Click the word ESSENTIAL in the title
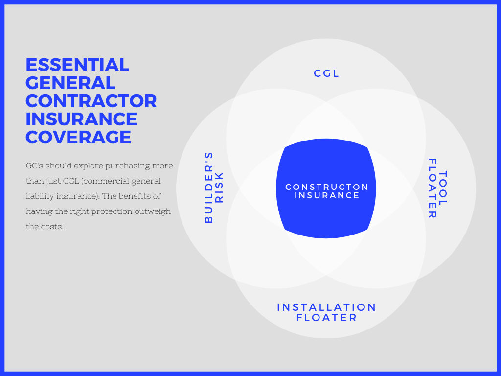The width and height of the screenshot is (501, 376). [x=77, y=65]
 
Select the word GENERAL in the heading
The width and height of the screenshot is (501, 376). [x=70, y=83]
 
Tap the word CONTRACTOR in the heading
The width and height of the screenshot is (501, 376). [x=91, y=101]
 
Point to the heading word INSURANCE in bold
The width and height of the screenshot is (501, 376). [x=82, y=119]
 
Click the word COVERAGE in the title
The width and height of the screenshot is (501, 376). [x=78, y=137]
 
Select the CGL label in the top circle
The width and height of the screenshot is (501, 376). [x=326, y=73]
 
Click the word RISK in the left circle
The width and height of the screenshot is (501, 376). [x=219, y=188]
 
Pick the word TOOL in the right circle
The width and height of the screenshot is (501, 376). [x=443, y=188]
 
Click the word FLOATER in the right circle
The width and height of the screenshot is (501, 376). [x=433, y=188]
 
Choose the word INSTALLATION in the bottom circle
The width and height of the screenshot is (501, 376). [x=326, y=307]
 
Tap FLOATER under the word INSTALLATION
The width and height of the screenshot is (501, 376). [x=326, y=318]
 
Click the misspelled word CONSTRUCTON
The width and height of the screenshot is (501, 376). [x=327, y=187]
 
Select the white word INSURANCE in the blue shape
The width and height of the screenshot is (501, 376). [x=327, y=195]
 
